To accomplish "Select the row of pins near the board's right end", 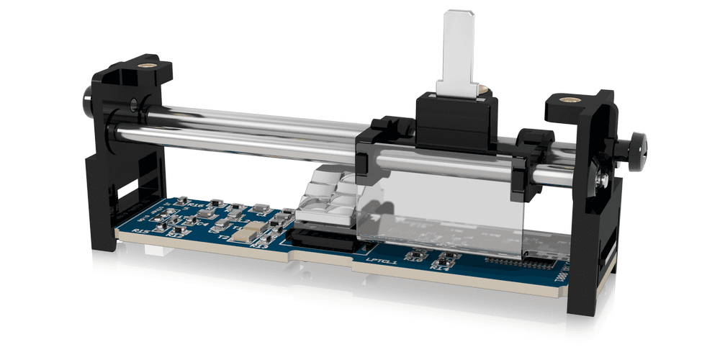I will (515, 261).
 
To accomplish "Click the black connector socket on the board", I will (324, 240).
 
